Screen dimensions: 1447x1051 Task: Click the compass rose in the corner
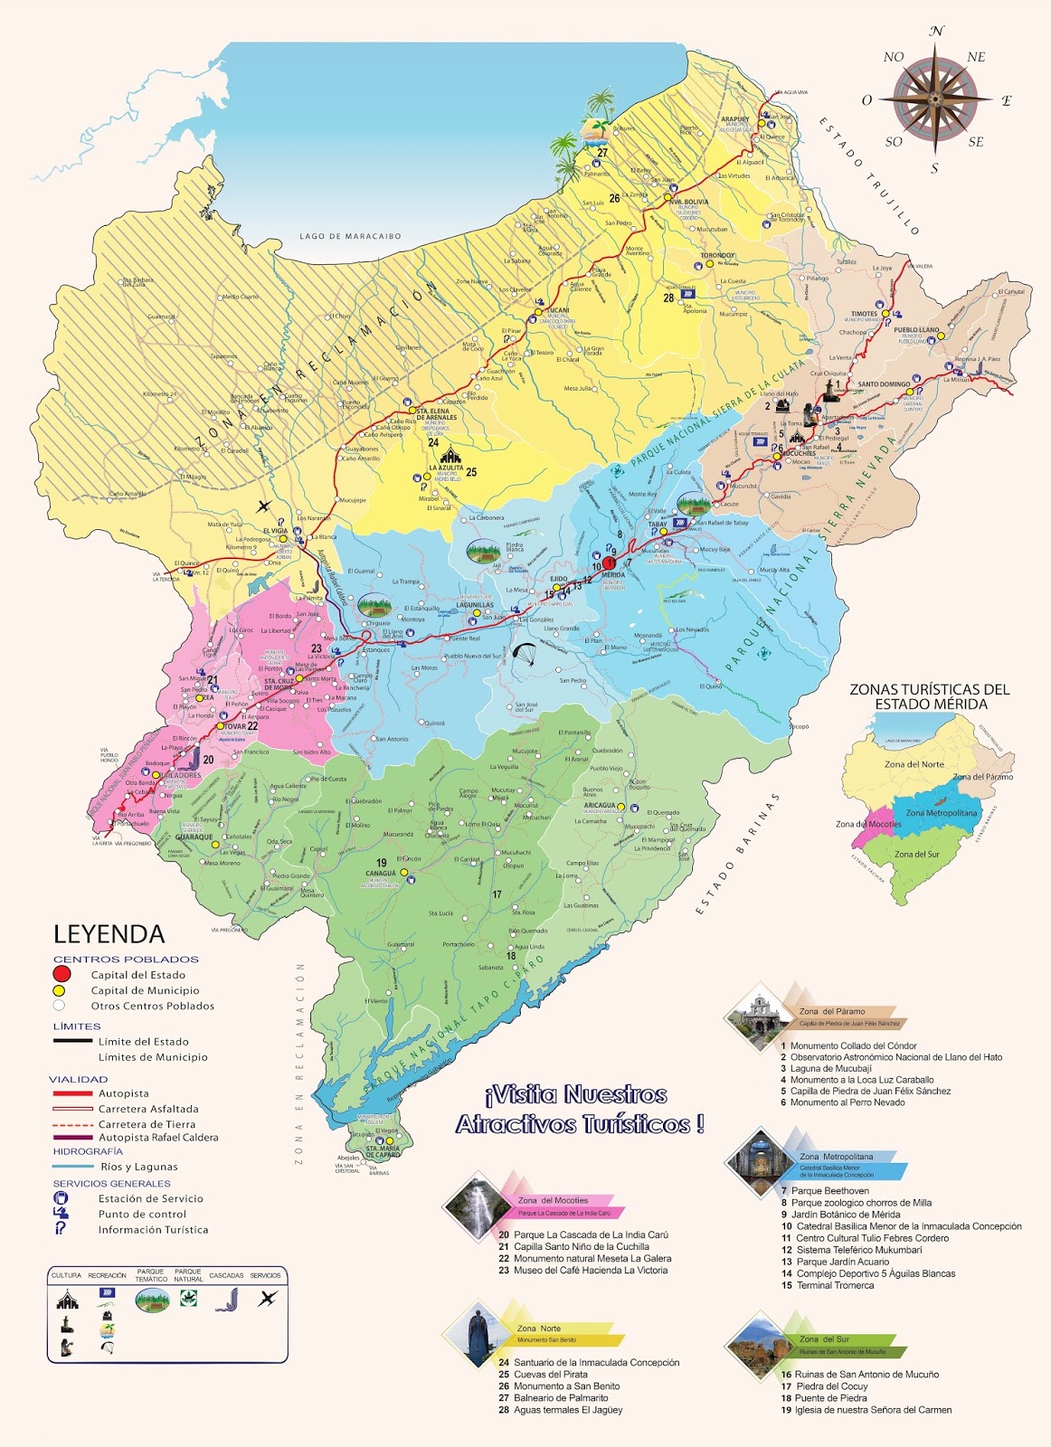(x=935, y=99)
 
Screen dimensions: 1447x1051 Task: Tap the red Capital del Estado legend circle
(x=62, y=974)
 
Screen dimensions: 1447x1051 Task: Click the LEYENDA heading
(x=109, y=934)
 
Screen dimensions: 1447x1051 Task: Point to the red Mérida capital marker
(x=609, y=563)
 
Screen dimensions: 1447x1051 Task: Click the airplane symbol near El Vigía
(x=264, y=506)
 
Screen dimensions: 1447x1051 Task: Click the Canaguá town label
(x=381, y=874)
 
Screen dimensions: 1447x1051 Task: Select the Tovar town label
(x=234, y=726)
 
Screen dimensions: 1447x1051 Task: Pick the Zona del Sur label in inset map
(x=916, y=854)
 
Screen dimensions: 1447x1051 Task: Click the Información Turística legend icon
(x=61, y=1229)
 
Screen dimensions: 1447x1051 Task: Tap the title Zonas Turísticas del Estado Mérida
(x=929, y=696)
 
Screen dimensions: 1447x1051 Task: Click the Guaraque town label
(x=194, y=837)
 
